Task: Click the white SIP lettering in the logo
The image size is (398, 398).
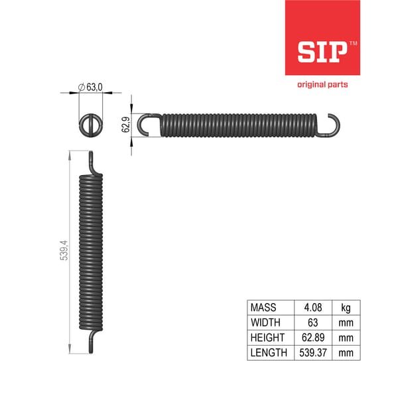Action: click(322, 52)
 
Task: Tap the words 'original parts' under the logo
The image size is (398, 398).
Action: click(322, 84)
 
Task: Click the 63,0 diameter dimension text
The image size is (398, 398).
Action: click(94, 87)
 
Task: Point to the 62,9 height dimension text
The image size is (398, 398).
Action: click(125, 125)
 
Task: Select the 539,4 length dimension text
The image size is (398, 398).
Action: click(64, 250)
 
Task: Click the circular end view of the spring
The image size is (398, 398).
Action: click(91, 125)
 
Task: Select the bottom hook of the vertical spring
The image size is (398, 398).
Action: click(92, 341)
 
